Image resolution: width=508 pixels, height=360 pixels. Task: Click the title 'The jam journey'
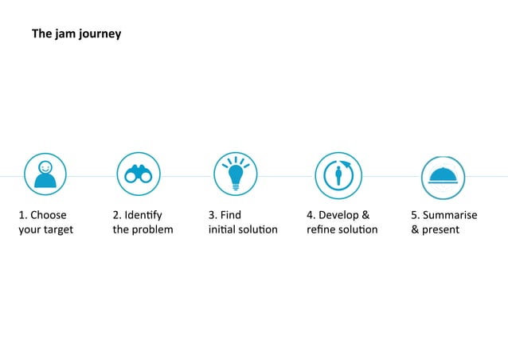click(x=76, y=34)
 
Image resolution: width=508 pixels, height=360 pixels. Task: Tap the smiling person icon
click(x=45, y=174)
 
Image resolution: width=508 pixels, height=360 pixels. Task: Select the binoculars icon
click(x=139, y=174)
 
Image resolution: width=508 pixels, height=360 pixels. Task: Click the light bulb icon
click(x=236, y=174)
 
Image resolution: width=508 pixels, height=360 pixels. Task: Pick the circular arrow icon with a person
click(x=338, y=174)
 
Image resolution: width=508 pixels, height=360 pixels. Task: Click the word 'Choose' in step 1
click(x=49, y=215)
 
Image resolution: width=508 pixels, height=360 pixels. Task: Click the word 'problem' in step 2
click(x=154, y=230)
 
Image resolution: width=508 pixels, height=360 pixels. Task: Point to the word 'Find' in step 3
click(x=231, y=215)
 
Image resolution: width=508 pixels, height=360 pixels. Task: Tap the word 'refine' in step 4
click(x=320, y=230)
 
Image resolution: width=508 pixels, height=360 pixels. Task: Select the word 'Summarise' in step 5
click(x=451, y=215)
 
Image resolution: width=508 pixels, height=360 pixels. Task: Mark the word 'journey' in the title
click(x=100, y=35)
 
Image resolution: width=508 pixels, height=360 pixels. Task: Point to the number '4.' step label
click(x=311, y=215)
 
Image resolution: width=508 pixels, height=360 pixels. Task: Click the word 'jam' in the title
click(x=65, y=35)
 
